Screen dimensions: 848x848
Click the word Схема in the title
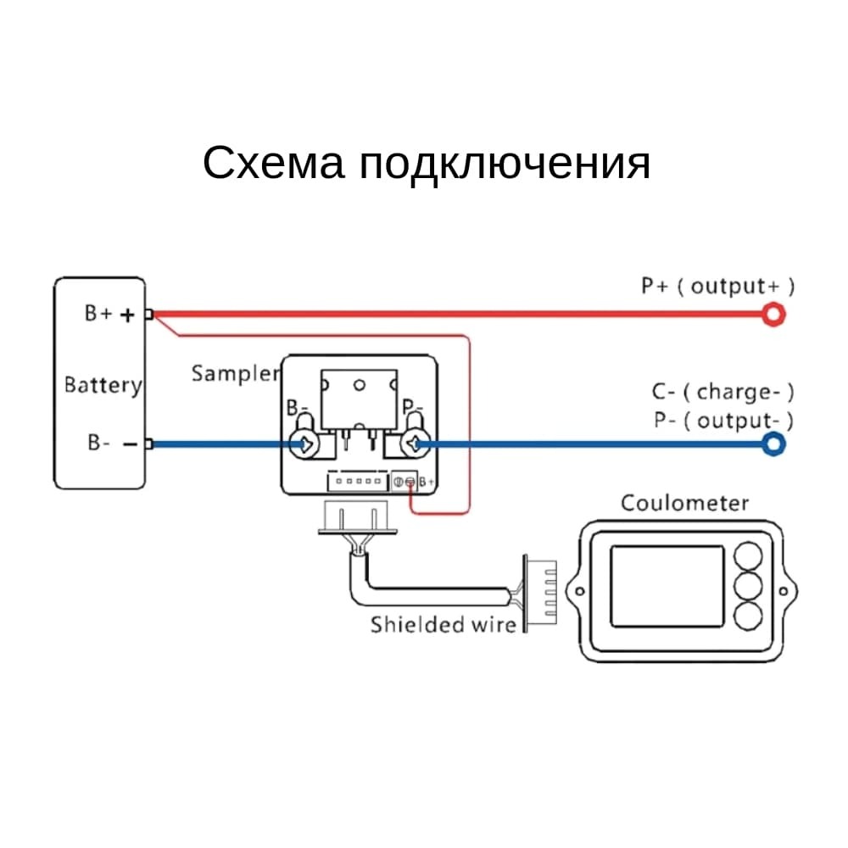pyautogui.click(x=273, y=163)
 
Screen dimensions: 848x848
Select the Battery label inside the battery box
pyautogui.click(x=103, y=386)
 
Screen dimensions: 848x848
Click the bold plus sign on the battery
pyautogui.click(x=127, y=315)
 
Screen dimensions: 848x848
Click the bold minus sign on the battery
pyautogui.click(x=131, y=444)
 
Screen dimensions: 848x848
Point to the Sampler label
pyautogui.click(x=236, y=374)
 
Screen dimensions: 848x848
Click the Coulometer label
pyautogui.click(x=684, y=503)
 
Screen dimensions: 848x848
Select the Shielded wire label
pyautogui.click(x=444, y=625)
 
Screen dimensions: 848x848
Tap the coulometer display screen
pyautogui.click(x=667, y=586)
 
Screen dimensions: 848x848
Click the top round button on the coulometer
pyautogui.click(x=749, y=556)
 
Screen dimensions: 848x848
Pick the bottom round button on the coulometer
pyautogui.click(x=749, y=616)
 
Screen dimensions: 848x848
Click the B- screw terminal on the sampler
pyautogui.click(x=304, y=444)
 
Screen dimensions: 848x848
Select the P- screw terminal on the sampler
pyautogui.click(x=416, y=444)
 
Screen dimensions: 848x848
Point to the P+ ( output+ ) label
pyautogui.click(x=717, y=287)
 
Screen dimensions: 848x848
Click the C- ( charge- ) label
pyautogui.click(x=723, y=392)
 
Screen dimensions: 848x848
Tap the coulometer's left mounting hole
pyautogui.click(x=579, y=591)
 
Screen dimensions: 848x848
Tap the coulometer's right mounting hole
pyautogui.click(x=783, y=591)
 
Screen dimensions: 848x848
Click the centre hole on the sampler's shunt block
pyautogui.click(x=359, y=386)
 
